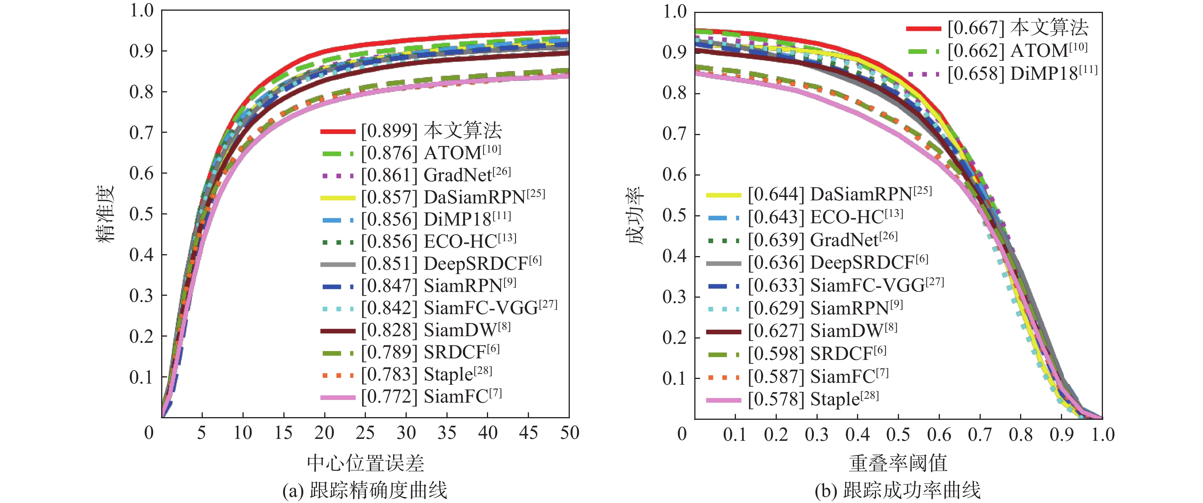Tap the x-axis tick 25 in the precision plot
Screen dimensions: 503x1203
pos(365,433)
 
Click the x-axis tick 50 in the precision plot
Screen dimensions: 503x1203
pos(570,433)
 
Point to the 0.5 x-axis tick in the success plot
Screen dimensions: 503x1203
pos(898,435)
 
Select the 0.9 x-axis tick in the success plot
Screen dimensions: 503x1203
pos(1061,435)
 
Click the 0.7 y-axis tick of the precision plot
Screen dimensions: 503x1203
pos(141,133)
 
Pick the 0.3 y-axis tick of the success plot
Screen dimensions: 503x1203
pos(674,297)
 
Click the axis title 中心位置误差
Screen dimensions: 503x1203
pos(365,463)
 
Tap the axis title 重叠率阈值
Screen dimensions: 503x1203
pos(897,463)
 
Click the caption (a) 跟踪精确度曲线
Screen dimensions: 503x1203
pos(365,490)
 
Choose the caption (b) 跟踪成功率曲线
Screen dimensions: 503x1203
pos(897,490)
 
